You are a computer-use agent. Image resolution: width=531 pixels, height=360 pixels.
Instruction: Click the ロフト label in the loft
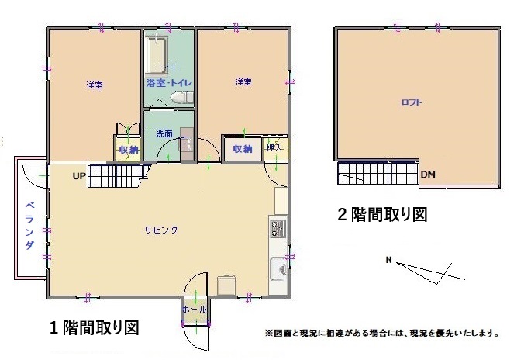(411, 102)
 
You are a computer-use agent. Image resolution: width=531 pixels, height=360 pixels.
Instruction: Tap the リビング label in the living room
(161, 230)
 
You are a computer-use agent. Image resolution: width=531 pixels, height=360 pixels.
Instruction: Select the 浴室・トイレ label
(168, 82)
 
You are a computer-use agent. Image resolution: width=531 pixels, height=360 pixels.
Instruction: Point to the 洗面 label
(164, 133)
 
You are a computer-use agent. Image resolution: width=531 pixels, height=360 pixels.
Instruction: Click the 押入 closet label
(274, 147)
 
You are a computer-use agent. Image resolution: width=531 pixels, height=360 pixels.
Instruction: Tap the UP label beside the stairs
(79, 176)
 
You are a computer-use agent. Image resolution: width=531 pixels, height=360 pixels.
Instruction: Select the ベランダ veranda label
(29, 225)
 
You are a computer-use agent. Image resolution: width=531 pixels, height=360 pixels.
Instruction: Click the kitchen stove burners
(278, 229)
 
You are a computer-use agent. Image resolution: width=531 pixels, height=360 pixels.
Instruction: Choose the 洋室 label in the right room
(243, 82)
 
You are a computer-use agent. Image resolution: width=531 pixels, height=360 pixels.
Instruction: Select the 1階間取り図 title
(94, 327)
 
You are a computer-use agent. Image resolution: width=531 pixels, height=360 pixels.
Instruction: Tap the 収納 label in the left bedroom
(129, 150)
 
